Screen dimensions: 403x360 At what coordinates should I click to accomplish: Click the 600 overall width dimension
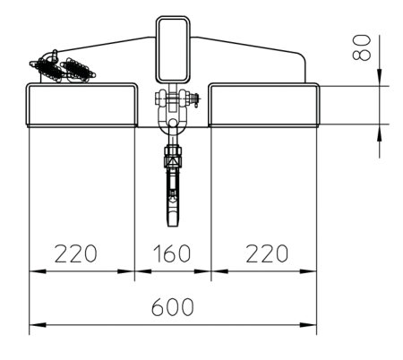(x=173, y=307)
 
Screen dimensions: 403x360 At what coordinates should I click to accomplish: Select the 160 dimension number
(x=172, y=253)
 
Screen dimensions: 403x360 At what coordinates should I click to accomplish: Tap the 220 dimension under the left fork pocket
(x=76, y=253)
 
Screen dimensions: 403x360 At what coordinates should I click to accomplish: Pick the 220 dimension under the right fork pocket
(x=267, y=253)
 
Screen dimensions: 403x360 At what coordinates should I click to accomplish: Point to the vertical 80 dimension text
(x=362, y=47)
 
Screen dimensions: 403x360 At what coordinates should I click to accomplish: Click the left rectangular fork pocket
(x=81, y=105)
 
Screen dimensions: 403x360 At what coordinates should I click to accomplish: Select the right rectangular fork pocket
(x=264, y=105)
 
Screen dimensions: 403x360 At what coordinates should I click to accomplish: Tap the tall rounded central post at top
(x=173, y=50)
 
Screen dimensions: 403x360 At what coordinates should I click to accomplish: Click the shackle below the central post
(x=172, y=112)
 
